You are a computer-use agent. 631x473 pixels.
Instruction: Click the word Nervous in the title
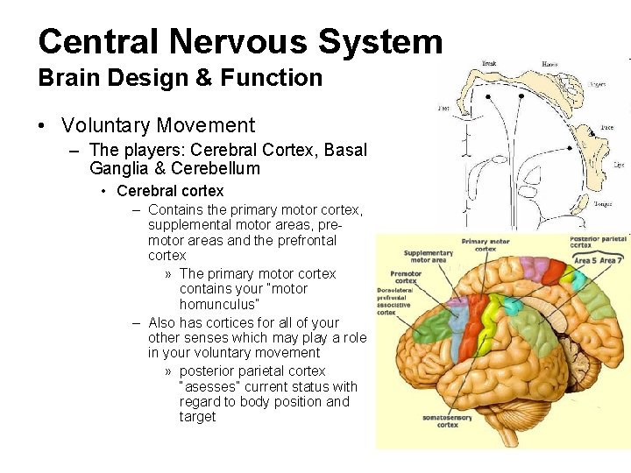click(235, 41)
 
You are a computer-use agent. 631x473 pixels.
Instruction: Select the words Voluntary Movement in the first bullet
click(158, 125)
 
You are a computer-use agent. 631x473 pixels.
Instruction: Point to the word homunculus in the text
click(219, 304)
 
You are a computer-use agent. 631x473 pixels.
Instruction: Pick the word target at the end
click(197, 417)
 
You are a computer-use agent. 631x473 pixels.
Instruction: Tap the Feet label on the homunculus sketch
click(444, 110)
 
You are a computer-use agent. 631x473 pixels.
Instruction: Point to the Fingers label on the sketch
click(597, 85)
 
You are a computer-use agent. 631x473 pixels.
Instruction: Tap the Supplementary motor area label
click(427, 257)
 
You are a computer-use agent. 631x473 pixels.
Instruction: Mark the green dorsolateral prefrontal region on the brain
click(420, 325)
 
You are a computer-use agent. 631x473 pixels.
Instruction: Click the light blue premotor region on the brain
click(457, 310)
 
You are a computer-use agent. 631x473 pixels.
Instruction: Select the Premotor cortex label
click(406, 277)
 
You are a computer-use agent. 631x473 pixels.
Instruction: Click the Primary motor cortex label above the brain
click(486, 244)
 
